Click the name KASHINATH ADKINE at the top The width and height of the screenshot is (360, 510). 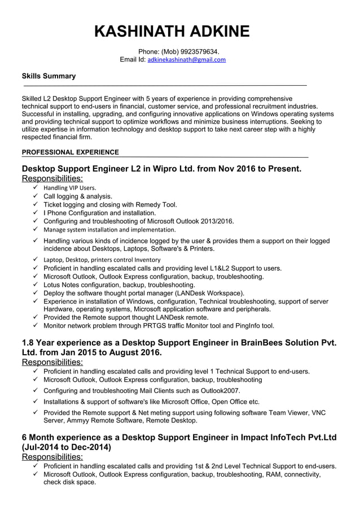pyautogui.click(x=172, y=31)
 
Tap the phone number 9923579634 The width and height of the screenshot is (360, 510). pyautogui.click(x=195, y=52)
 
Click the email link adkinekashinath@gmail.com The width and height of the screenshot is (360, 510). pyautogui.click(x=186, y=60)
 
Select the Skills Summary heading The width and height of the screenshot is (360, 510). pyautogui.click(x=49, y=76)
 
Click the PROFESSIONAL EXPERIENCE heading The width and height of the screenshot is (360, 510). pyautogui.click(x=70, y=152)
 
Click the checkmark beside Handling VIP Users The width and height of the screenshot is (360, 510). pyautogui.click(x=36, y=188)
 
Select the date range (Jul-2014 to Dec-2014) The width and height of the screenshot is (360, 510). pyautogui.click(x=66, y=447)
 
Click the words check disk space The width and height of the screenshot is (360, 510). pyautogui.click(x=69, y=482)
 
